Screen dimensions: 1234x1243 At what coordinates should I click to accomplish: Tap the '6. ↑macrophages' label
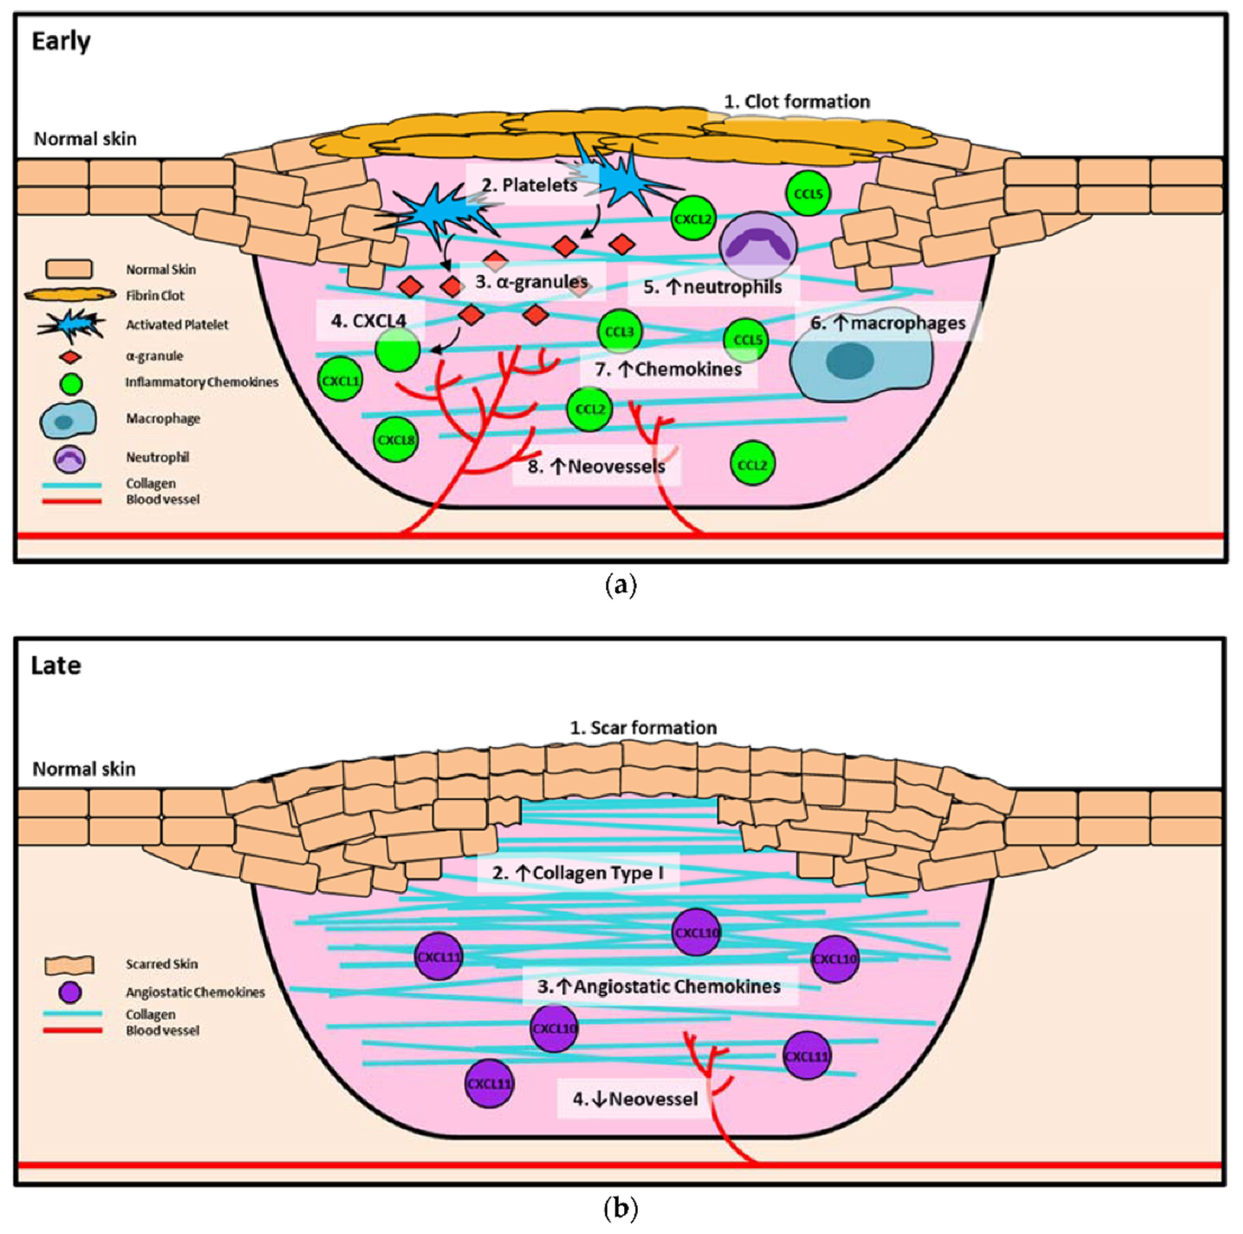[x=888, y=323]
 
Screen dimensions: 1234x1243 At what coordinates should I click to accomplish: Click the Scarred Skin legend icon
[x=70, y=964]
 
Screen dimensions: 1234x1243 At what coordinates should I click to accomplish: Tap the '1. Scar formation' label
[x=643, y=728]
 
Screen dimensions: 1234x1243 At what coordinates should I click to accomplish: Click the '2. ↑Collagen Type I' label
[x=578, y=873]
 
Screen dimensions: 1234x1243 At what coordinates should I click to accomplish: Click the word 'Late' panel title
[x=56, y=665]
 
